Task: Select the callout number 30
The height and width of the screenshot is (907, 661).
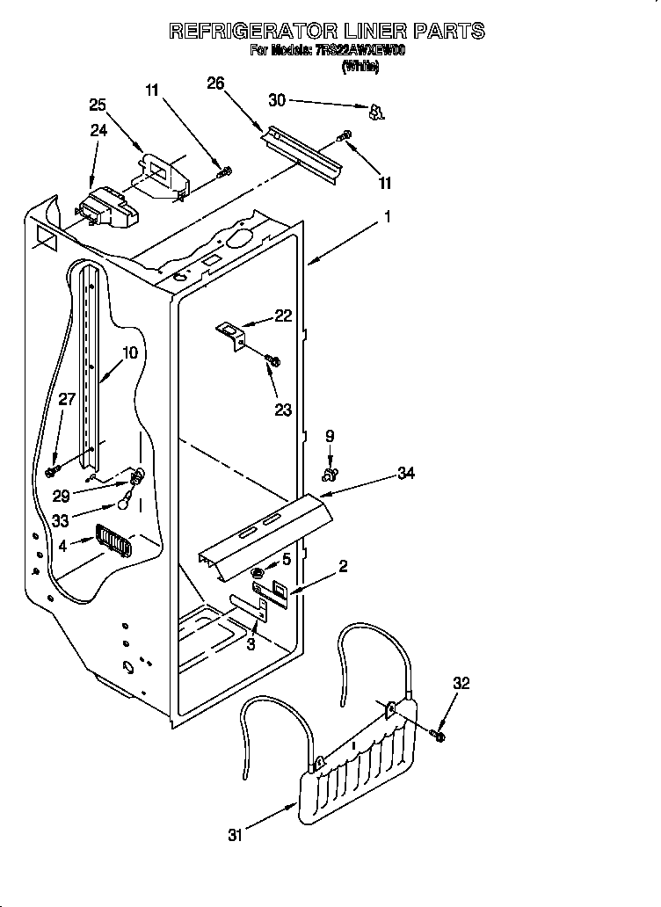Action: coord(277,101)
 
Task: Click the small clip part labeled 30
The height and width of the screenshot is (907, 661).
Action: coord(376,112)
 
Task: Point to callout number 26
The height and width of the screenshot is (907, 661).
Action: coord(215,83)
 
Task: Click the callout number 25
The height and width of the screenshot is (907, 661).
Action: coord(98,105)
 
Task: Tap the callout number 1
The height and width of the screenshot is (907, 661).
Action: coord(387,215)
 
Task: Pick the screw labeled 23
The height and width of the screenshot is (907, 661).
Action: coord(272,360)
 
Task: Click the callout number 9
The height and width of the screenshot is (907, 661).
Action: coord(330,434)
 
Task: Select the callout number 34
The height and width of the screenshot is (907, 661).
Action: coord(405,474)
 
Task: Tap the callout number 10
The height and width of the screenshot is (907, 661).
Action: coord(129,353)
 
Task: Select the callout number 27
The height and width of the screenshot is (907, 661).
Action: coord(67,398)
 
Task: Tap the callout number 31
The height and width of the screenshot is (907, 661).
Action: coord(234,836)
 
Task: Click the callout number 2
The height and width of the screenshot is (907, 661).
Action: coord(343,567)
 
